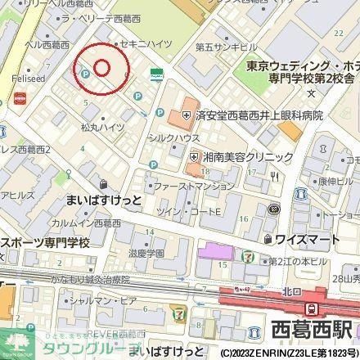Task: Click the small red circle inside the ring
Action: pyautogui.click(x=101, y=67)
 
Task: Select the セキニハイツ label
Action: pyautogui.click(x=146, y=40)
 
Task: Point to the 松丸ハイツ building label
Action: pyautogui.click(x=102, y=128)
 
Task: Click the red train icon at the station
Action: pyautogui.click(x=312, y=308)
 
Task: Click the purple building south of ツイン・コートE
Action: pyautogui.click(x=212, y=250)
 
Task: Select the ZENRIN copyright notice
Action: pyautogui.click(x=286, y=353)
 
